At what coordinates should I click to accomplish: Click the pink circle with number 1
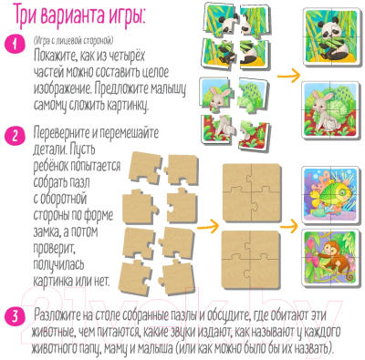click(x=15, y=45)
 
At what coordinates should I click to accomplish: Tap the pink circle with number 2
click(x=15, y=136)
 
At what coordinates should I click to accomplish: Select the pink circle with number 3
click(x=15, y=316)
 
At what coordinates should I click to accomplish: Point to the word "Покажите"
click(x=52, y=57)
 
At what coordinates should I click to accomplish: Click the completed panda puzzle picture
click(x=331, y=36)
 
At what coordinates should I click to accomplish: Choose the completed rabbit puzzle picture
click(x=331, y=110)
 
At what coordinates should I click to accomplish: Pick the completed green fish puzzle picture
click(x=330, y=195)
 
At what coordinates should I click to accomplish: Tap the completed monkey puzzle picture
click(x=330, y=257)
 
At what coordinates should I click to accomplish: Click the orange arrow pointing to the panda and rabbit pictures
click(x=288, y=75)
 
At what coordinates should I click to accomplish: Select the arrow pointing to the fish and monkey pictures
click(x=288, y=226)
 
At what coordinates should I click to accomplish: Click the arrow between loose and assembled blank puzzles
click(x=208, y=226)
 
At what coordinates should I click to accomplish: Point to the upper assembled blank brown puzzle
click(x=251, y=192)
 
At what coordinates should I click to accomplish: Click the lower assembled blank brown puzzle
click(x=251, y=260)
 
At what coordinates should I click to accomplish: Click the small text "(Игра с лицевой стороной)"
click(x=73, y=40)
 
